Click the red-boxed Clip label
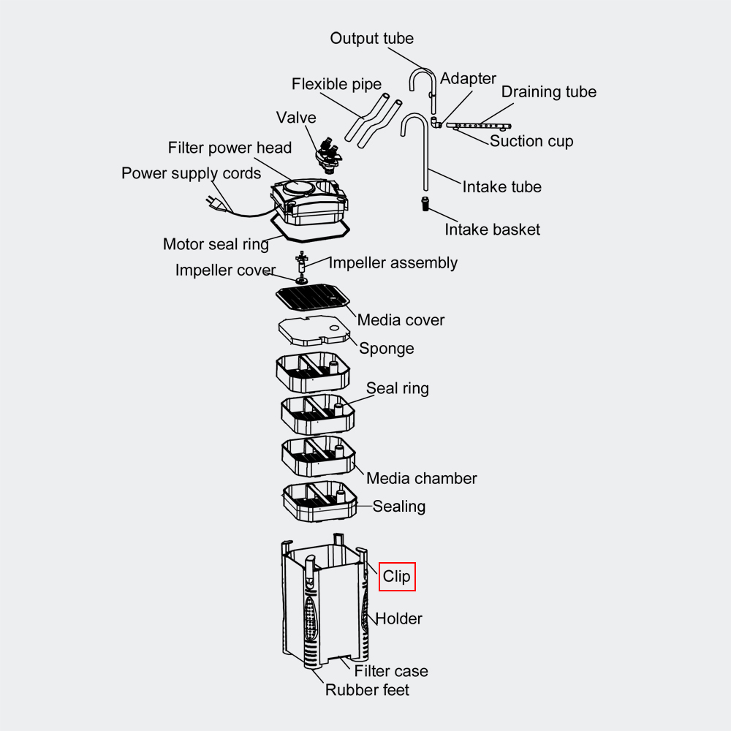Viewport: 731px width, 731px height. click(397, 577)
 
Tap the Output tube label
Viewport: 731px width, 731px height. click(371, 39)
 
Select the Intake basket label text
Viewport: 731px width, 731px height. click(492, 230)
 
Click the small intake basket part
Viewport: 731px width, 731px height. click(424, 202)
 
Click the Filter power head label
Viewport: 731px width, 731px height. click(230, 148)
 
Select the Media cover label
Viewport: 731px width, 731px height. click(401, 320)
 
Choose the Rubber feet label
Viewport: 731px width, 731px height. click(367, 689)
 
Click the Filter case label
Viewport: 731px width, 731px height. click(391, 671)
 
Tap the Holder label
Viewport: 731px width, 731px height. click(398, 618)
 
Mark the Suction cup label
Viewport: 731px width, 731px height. click(531, 141)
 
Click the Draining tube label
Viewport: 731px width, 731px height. click(548, 92)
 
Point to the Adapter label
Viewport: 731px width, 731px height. click(468, 79)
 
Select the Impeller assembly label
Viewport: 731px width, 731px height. click(393, 263)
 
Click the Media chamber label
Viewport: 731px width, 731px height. click(421, 479)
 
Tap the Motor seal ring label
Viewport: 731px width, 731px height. click(216, 244)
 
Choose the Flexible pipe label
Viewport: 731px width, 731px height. click(336, 84)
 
